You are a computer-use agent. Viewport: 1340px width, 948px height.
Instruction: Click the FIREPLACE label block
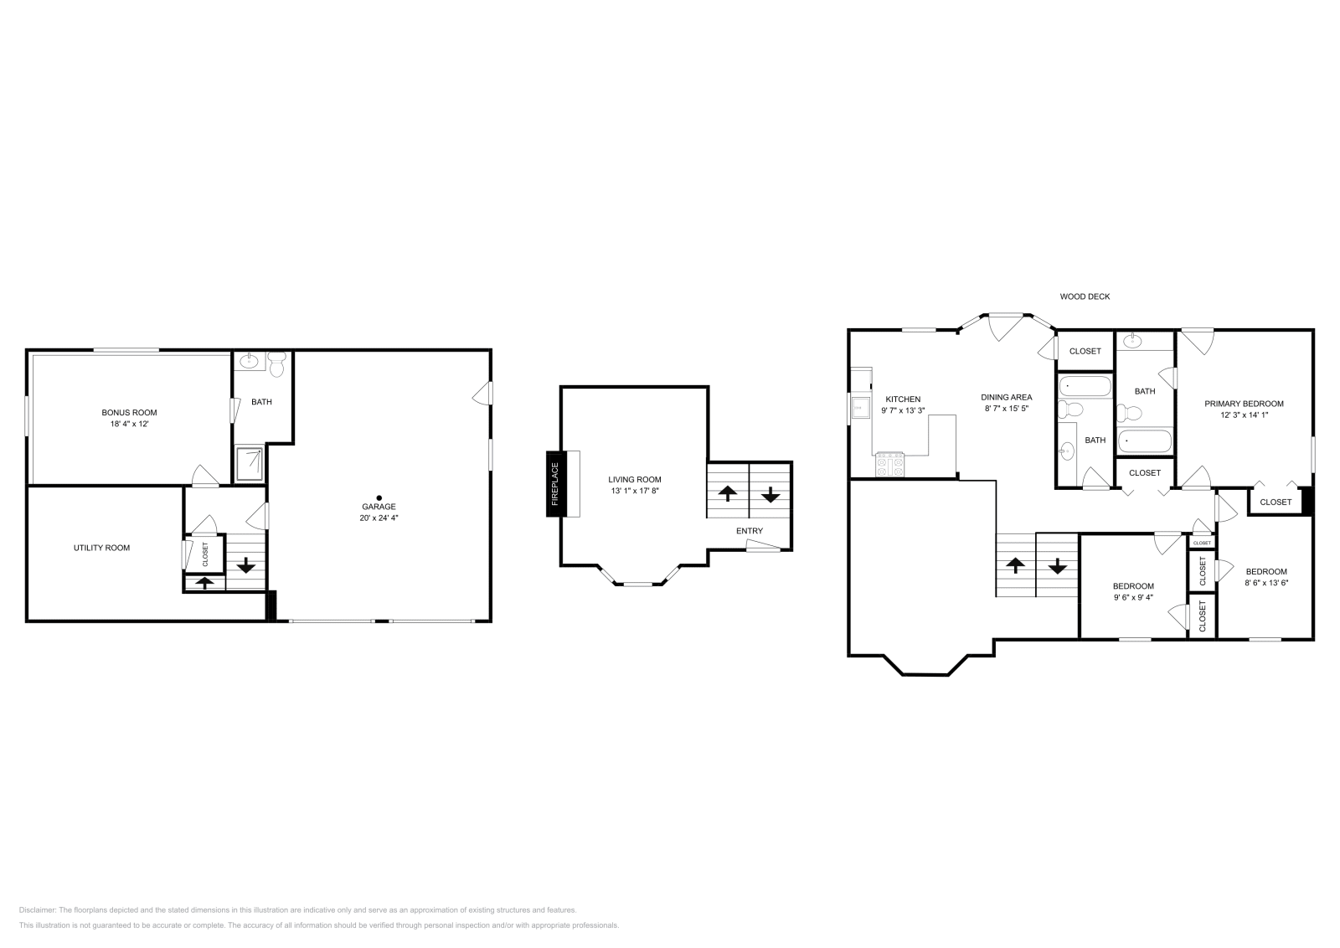pyautogui.click(x=553, y=484)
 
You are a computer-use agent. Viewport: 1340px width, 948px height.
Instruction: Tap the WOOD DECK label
pyautogui.click(x=1085, y=296)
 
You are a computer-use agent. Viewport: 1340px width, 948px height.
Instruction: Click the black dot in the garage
pyautogui.click(x=379, y=497)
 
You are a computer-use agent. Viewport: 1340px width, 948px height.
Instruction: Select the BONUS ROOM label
pyautogui.click(x=129, y=412)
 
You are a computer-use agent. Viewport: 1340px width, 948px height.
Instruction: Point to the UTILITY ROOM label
pyautogui.click(x=101, y=548)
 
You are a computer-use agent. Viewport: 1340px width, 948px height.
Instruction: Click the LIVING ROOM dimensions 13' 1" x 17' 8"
pyautogui.click(x=635, y=491)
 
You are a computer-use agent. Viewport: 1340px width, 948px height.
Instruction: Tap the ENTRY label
pyautogui.click(x=749, y=531)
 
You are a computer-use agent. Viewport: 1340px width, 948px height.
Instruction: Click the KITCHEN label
pyautogui.click(x=903, y=399)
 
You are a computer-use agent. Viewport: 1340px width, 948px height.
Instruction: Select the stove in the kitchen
pyautogui.click(x=890, y=465)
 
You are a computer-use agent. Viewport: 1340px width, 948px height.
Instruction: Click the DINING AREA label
pyautogui.click(x=1006, y=397)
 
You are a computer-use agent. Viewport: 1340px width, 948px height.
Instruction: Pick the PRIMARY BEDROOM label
pyautogui.click(x=1244, y=404)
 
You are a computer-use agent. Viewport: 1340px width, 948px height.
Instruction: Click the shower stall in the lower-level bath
pyautogui.click(x=250, y=464)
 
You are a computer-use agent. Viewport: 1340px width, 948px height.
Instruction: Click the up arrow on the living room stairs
pyautogui.click(x=727, y=493)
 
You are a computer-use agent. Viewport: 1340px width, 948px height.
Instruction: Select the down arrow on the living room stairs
pyautogui.click(x=770, y=493)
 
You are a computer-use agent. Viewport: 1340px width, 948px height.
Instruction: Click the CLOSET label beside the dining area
pyautogui.click(x=1085, y=351)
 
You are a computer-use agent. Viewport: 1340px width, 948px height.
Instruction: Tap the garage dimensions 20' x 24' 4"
pyautogui.click(x=379, y=518)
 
